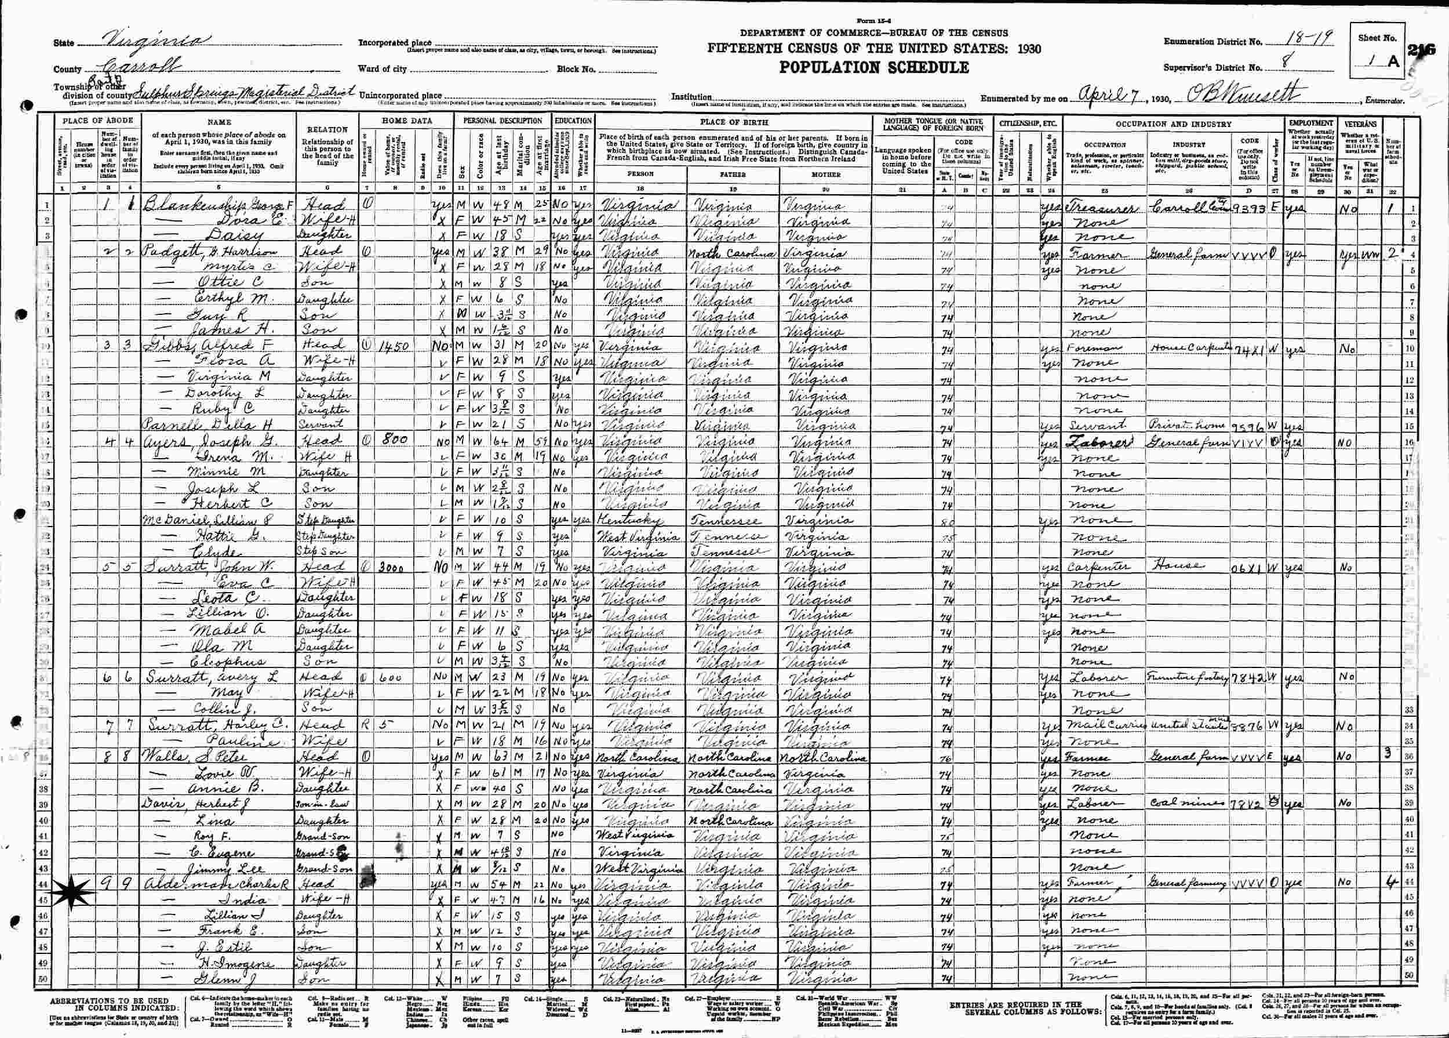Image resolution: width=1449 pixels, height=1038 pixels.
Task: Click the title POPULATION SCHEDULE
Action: [873, 68]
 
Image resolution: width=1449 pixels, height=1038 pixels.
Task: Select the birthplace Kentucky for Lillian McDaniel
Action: [629, 518]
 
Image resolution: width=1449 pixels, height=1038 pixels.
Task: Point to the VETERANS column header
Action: [1361, 123]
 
